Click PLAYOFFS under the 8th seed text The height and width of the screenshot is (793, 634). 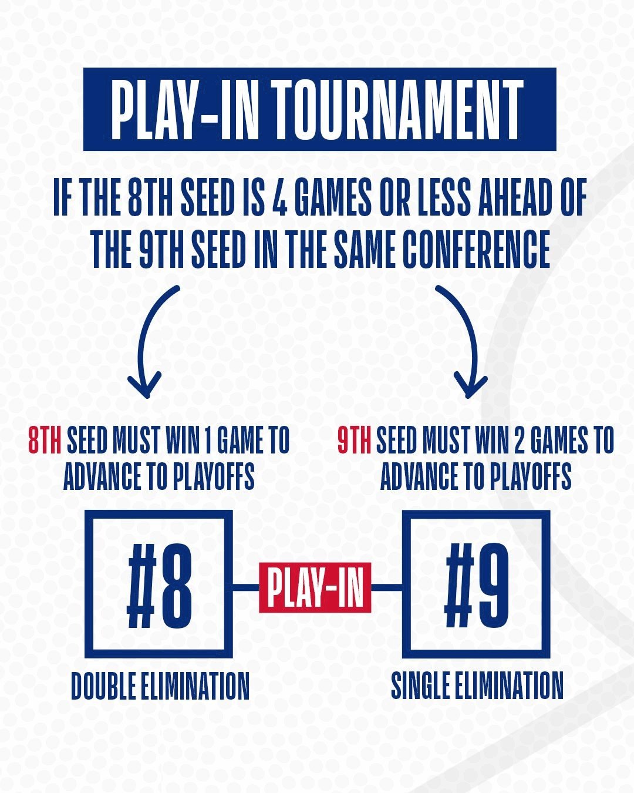tap(214, 476)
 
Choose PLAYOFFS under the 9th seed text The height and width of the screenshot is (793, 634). tap(531, 476)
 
